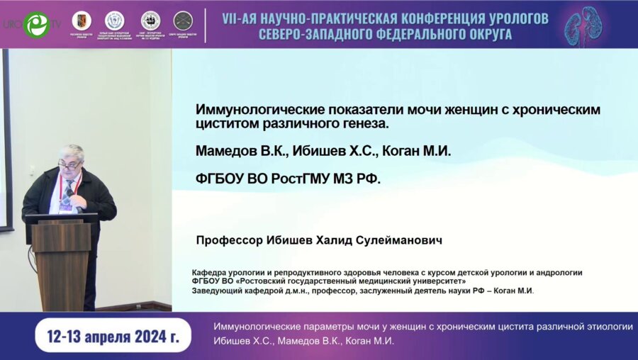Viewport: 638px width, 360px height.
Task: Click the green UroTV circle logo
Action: [35, 25]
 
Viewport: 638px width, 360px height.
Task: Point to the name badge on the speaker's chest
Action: [66, 206]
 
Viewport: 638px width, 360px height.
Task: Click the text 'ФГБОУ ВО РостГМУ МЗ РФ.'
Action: [288, 179]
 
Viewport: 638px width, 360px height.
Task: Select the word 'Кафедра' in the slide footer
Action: [211, 272]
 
